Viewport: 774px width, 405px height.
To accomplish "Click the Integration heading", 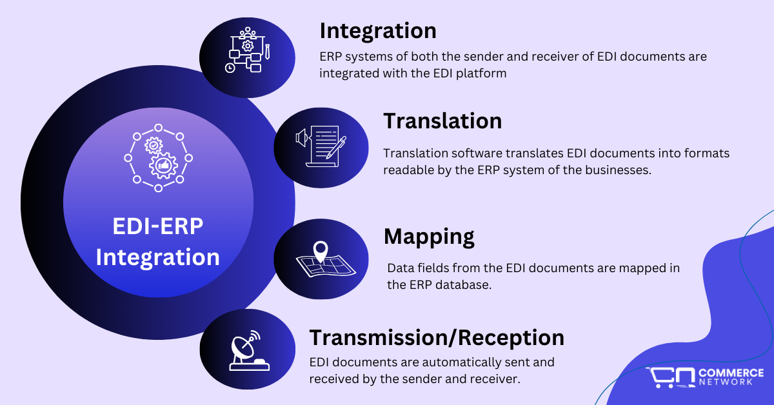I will coord(378,31).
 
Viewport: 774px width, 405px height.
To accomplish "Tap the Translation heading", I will coord(442,121).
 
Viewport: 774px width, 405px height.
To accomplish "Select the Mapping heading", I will coord(429,237).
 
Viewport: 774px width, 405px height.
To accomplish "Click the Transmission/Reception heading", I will coord(437,337).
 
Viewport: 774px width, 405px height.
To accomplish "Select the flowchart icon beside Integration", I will coord(246,50).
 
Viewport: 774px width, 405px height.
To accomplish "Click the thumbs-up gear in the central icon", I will coord(164,166).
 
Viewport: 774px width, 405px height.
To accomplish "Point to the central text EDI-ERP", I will coord(158,227).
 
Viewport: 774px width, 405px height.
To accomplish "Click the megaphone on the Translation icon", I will coord(300,137).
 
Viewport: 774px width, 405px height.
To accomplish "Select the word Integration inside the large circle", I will coord(158,257).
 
